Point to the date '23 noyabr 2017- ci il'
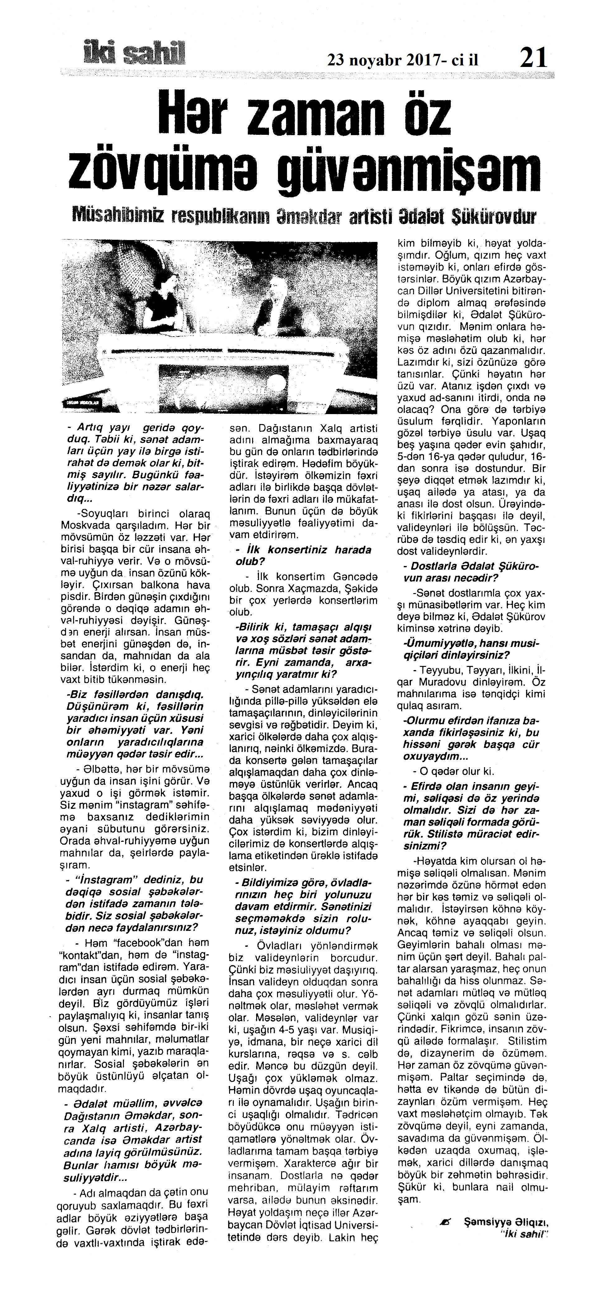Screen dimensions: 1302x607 403,60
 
